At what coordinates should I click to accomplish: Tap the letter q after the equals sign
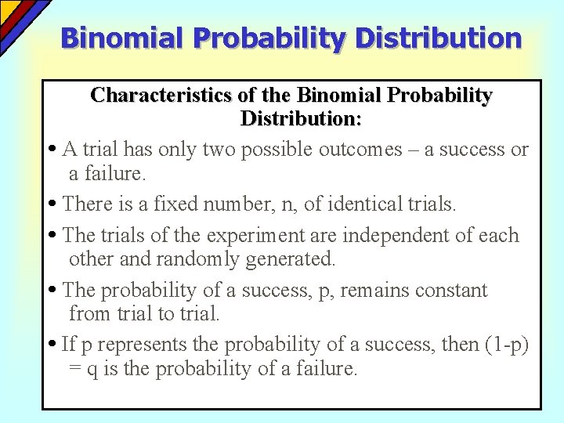[92, 369]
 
